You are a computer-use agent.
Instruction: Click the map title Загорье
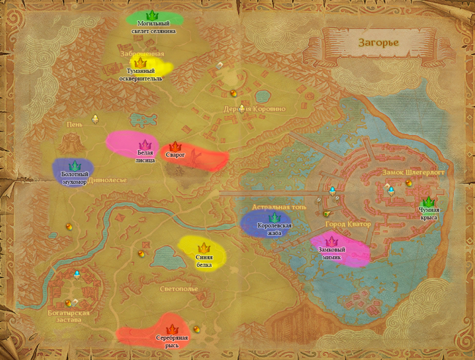coord(378,42)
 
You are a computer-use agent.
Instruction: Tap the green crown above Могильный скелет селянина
coord(152,15)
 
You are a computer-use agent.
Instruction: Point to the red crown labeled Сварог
coord(175,146)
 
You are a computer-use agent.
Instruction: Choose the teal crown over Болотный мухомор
coord(74,166)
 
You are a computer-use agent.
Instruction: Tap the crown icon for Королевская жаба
coord(274,218)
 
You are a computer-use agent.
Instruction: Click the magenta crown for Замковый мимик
coord(332,242)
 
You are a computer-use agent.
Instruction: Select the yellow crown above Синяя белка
coord(204,248)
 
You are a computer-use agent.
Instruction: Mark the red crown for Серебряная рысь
coord(172,330)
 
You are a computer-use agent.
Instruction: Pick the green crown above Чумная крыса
coord(428,202)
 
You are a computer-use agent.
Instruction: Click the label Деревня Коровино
coord(255,109)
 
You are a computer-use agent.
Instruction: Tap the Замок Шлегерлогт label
coord(413,172)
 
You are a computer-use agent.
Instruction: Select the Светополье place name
coord(179,289)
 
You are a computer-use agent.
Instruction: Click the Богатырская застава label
coord(69,316)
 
